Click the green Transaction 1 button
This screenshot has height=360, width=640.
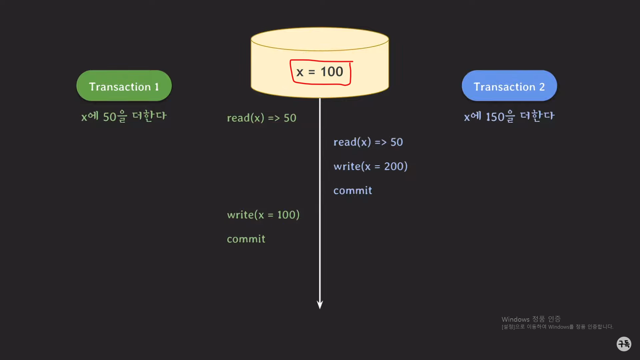[x=124, y=86]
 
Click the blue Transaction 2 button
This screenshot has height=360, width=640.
[x=509, y=86]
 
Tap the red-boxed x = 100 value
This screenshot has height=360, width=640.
[x=320, y=72]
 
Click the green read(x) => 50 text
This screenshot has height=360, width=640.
[x=261, y=118]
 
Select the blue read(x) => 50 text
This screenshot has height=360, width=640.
[x=368, y=142]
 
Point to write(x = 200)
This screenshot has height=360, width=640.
[x=370, y=166]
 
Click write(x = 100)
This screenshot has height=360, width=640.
[x=263, y=215]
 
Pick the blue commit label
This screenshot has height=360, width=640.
[x=353, y=190]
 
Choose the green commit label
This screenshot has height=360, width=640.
[x=246, y=239]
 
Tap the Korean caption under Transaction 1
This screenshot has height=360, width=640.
[x=124, y=116]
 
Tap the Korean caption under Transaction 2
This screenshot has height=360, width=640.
[x=509, y=116]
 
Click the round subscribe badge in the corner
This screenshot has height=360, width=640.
[x=624, y=344]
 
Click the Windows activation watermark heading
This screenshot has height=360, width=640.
[x=531, y=319]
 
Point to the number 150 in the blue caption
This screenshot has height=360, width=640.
[x=495, y=117]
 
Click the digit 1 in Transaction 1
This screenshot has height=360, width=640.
[x=156, y=87]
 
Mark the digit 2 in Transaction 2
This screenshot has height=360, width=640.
[x=542, y=87]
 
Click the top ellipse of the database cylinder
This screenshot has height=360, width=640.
[x=320, y=39]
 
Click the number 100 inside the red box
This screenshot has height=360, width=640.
[x=332, y=72]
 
